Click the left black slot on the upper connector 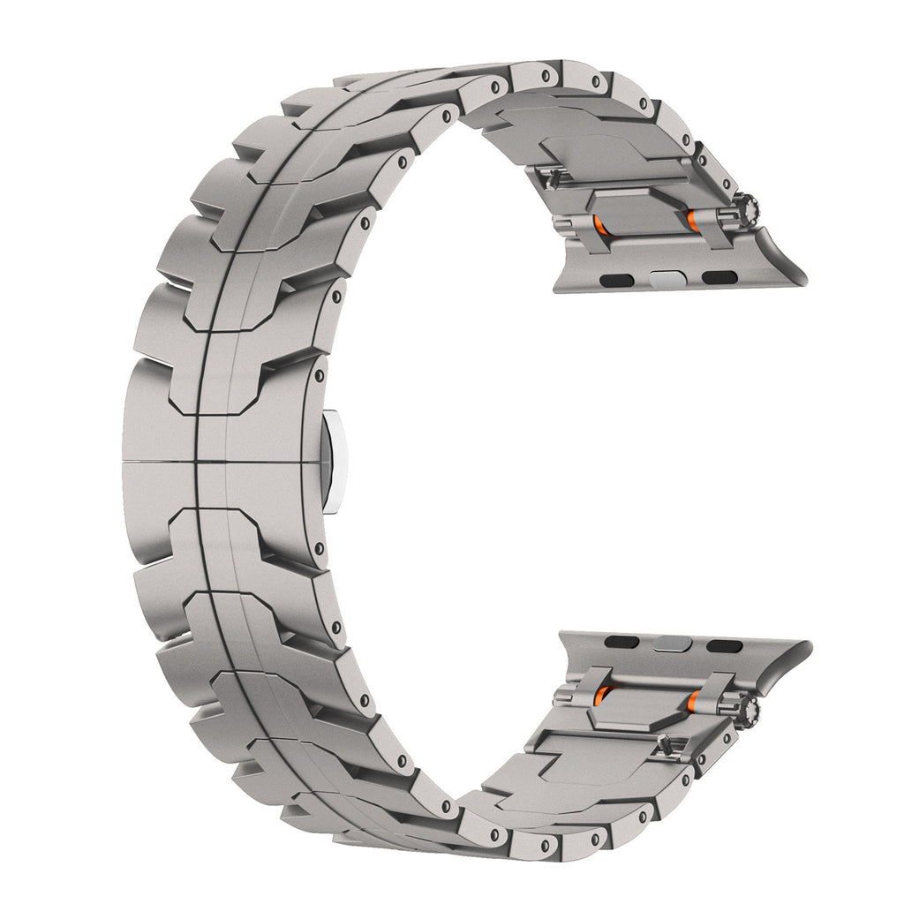(x=613, y=280)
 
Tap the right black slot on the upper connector (x=715, y=280)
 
